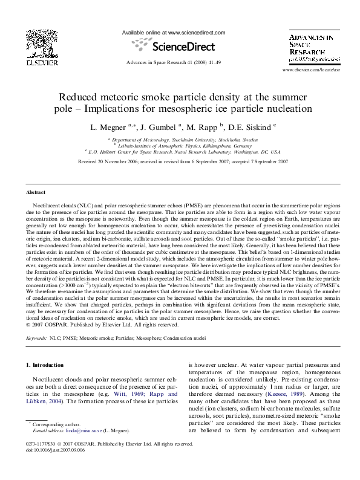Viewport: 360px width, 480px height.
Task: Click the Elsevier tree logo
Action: pyautogui.click(x=42, y=42)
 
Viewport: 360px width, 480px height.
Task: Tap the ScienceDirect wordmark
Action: pyautogui.click(x=180, y=46)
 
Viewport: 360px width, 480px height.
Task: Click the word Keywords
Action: pyautogui.click(x=36, y=339)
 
